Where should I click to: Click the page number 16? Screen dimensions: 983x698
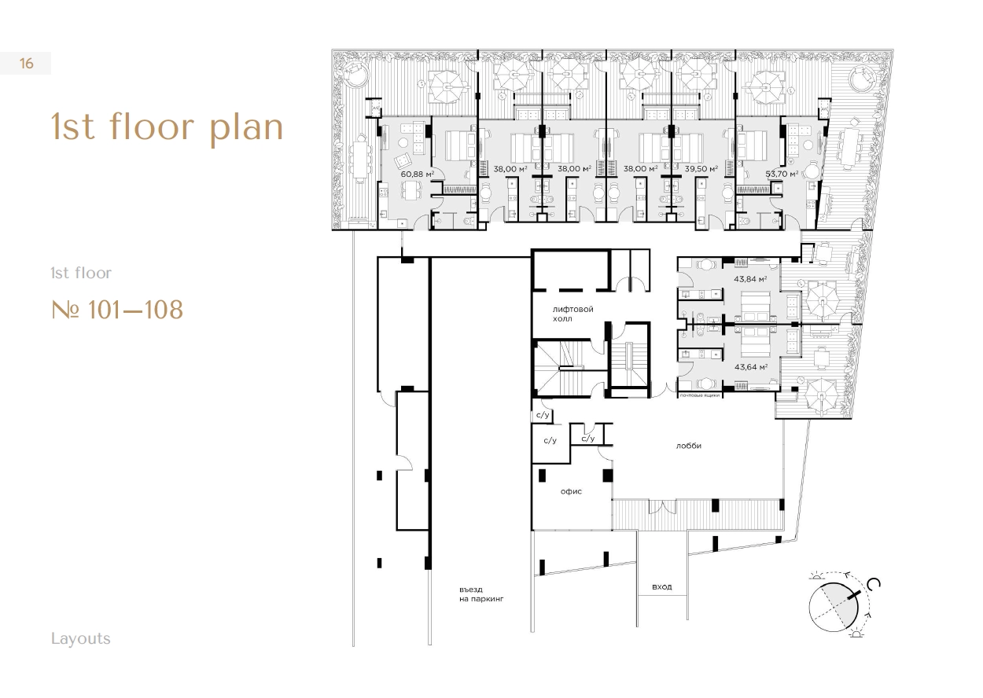pos(26,64)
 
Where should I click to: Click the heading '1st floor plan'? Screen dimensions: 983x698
pos(168,127)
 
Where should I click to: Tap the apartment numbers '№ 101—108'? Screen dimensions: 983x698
pos(117,310)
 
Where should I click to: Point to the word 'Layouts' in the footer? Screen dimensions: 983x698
pos(81,639)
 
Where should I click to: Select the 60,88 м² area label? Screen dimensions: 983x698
pos(418,174)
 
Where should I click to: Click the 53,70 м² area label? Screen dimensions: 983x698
pos(782,174)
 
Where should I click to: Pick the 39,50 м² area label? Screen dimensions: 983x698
pos(701,168)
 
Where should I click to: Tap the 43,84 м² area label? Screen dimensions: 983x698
pos(750,279)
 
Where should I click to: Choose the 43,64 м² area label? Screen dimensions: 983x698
pos(751,367)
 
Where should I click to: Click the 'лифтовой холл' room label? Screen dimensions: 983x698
pos(572,314)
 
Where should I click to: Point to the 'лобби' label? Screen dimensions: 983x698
pos(689,446)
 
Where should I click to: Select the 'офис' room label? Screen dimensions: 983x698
pos(571,492)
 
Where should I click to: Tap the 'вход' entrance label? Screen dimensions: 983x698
pos(662,586)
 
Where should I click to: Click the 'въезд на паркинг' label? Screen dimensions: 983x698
pos(481,594)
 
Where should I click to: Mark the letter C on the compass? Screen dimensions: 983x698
pos(874,584)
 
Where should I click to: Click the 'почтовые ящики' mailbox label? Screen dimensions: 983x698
pos(700,395)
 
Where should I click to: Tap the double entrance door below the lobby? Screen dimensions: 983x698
pos(663,507)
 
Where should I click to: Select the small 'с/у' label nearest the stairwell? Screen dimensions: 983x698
pos(543,415)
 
